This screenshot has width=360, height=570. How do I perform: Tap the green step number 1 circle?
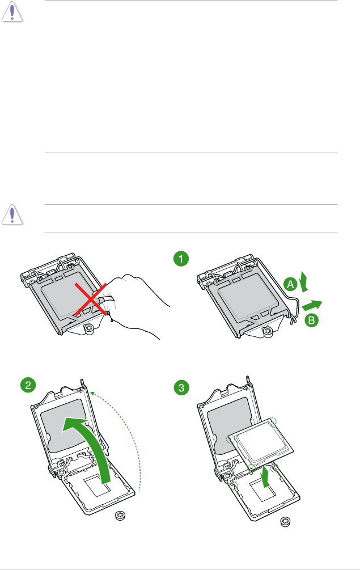coord(180,259)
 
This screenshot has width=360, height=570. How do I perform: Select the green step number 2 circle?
coord(27,385)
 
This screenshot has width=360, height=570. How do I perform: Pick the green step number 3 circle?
coord(181,388)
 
